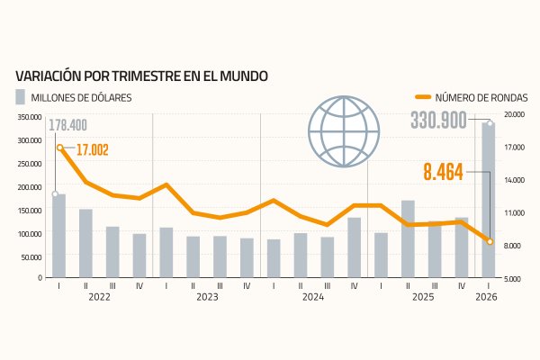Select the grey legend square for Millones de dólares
(x=20, y=96)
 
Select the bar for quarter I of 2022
(x=59, y=236)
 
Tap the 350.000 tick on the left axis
(x=29, y=117)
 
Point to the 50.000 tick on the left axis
(x=31, y=256)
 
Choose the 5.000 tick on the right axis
(x=514, y=279)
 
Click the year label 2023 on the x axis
(x=207, y=297)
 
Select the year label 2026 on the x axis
(x=486, y=297)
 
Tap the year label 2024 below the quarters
(x=313, y=297)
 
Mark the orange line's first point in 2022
(x=59, y=148)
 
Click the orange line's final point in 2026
(x=489, y=241)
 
